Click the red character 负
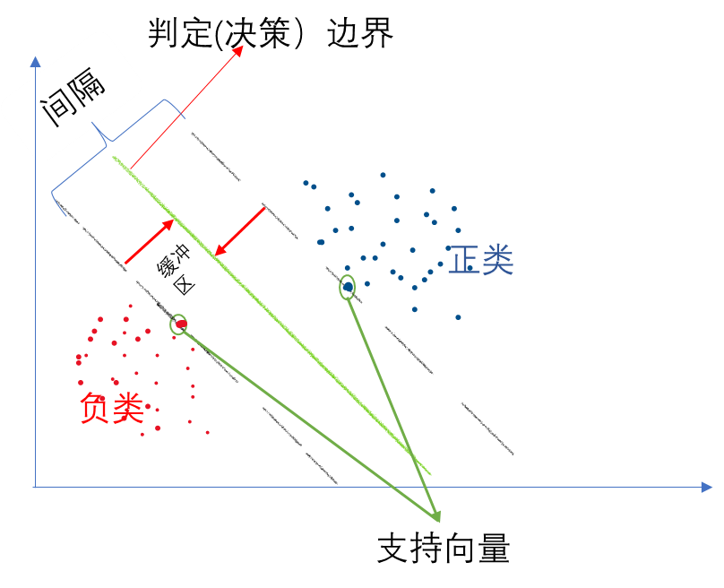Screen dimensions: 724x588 (x=95, y=408)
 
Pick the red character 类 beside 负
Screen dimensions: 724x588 (x=128, y=408)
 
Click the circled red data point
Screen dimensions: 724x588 (x=179, y=324)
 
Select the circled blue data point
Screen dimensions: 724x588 (x=348, y=287)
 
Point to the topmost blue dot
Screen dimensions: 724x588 (x=383, y=175)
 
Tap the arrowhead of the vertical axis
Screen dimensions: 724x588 (x=35, y=61)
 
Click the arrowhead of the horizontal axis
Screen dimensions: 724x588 (x=707, y=487)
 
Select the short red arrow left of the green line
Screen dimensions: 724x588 (x=149, y=241)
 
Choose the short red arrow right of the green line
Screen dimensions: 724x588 (x=240, y=231)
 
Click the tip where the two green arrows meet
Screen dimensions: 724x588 (x=438, y=519)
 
